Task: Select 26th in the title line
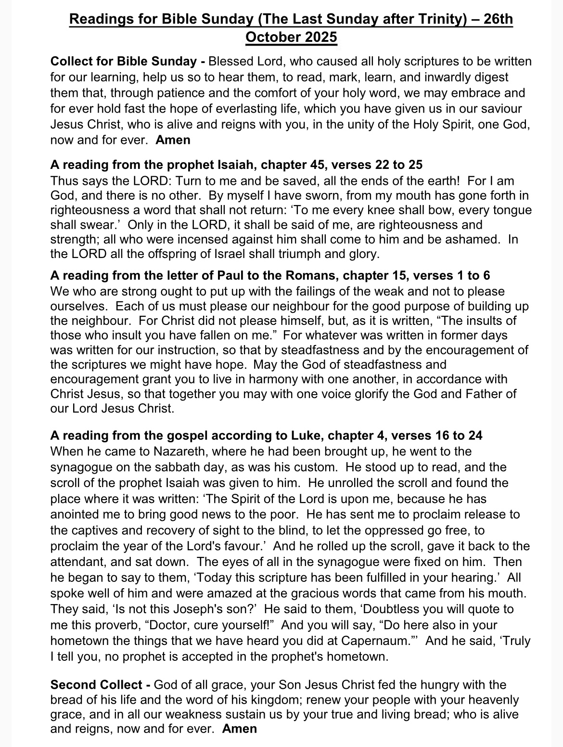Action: (496, 20)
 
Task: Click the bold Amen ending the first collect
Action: (173, 140)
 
